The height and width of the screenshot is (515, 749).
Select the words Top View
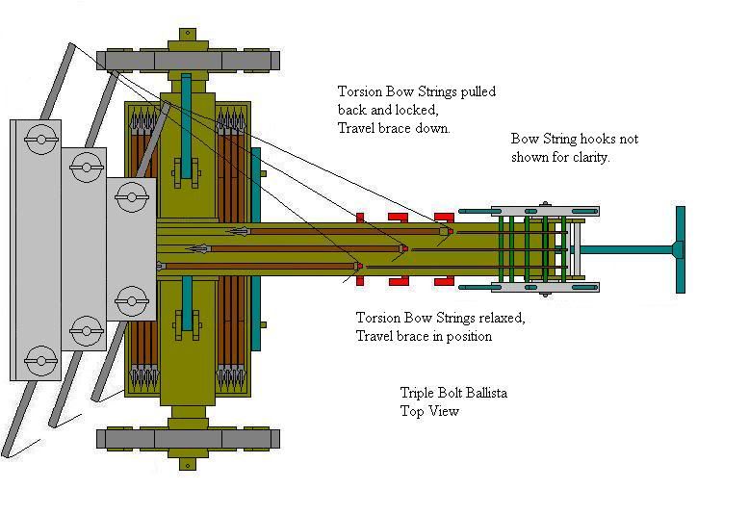pos(429,411)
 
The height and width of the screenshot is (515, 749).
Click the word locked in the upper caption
pos(419,111)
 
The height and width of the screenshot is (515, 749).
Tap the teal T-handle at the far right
pos(681,249)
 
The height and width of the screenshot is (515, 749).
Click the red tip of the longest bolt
pos(360,266)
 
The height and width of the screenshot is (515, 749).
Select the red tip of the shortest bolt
pos(451,232)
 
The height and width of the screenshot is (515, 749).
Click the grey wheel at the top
pos(188,62)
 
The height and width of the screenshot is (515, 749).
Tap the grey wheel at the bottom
pos(188,440)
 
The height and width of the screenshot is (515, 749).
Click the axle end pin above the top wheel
pos(188,35)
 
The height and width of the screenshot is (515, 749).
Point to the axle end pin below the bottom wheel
pos(188,464)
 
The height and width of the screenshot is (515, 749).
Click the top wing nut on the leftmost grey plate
pos(41,139)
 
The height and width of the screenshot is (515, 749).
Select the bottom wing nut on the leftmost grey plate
pos(41,360)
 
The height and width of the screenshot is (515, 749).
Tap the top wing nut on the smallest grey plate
pos(132,196)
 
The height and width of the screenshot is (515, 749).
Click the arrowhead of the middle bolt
pos(196,249)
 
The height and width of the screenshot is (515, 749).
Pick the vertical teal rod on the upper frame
pos(187,125)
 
